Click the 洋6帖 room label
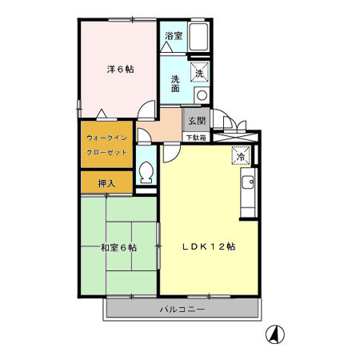(120, 70)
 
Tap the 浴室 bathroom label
(173, 36)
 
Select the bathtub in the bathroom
(198, 39)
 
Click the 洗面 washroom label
(175, 83)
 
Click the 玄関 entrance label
(194, 121)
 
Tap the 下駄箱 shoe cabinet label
(195, 138)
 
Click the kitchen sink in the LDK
(248, 183)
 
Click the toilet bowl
(146, 171)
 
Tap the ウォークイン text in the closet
(107, 137)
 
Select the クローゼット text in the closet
(107, 152)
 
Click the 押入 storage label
(106, 183)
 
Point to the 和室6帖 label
(118, 247)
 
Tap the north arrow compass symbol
(274, 334)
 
